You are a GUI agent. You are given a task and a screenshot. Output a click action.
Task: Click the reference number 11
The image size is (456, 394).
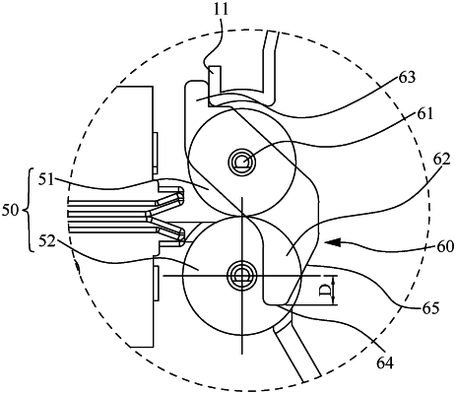tap(221, 9)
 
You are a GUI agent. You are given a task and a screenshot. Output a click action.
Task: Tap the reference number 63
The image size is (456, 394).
tap(407, 78)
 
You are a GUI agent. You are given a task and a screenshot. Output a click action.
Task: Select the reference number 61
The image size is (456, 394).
tap(425, 114)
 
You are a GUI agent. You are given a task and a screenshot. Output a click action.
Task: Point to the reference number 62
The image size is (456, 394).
tap(441, 161)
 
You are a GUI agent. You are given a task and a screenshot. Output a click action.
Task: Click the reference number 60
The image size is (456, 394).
tap(445, 245)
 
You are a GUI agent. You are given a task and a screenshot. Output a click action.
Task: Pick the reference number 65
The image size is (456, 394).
tap(429, 308)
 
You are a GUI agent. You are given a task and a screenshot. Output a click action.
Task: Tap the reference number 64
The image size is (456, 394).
tap(385, 362)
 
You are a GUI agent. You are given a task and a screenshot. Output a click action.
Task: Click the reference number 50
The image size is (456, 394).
tap(11, 211)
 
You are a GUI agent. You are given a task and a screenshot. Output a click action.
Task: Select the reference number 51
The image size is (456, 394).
tap(46, 180)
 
